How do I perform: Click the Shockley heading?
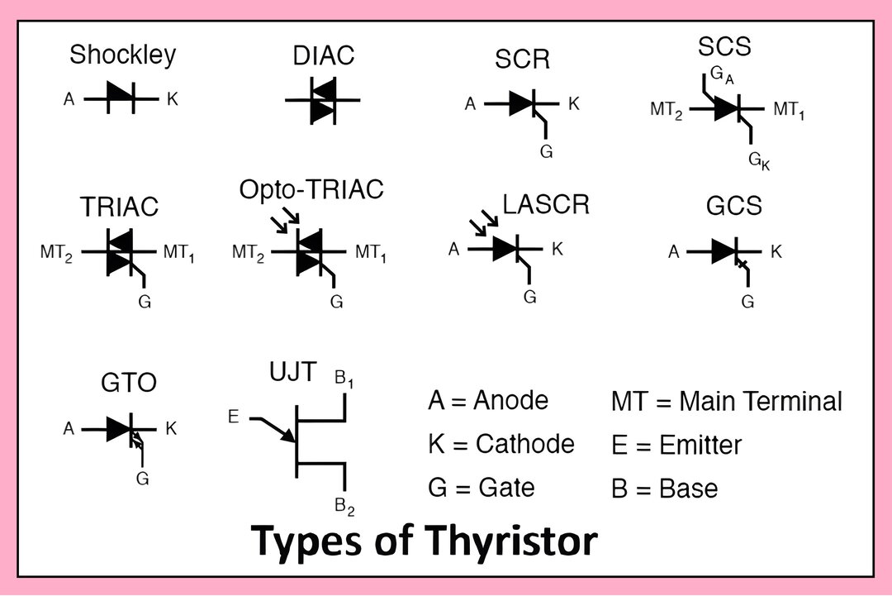tap(122, 55)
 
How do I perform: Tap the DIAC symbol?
tap(323, 101)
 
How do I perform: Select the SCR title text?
tap(522, 60)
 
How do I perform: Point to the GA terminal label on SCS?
tap(722, 75)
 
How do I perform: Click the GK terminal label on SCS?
tap(759, 161)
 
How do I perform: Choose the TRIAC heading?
tap(119, 207)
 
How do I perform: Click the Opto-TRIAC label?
tap(311, 189)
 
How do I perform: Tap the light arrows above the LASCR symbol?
tap(483, 222)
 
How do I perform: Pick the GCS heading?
tap(734, 206)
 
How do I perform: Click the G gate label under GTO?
tap(142, 478)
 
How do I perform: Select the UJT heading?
tap(292, 372)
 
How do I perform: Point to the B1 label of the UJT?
tap(344, 379)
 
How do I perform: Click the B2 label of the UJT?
tap(344, 507)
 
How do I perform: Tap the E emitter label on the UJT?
tap(233, 417)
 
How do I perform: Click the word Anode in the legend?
tap(510, 400)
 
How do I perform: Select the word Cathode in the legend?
tap(524, 444)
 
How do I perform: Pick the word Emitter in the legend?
tap(700, 446)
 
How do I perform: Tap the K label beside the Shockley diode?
tap(173, 99)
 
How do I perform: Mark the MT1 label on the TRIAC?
tap(178, 253)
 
